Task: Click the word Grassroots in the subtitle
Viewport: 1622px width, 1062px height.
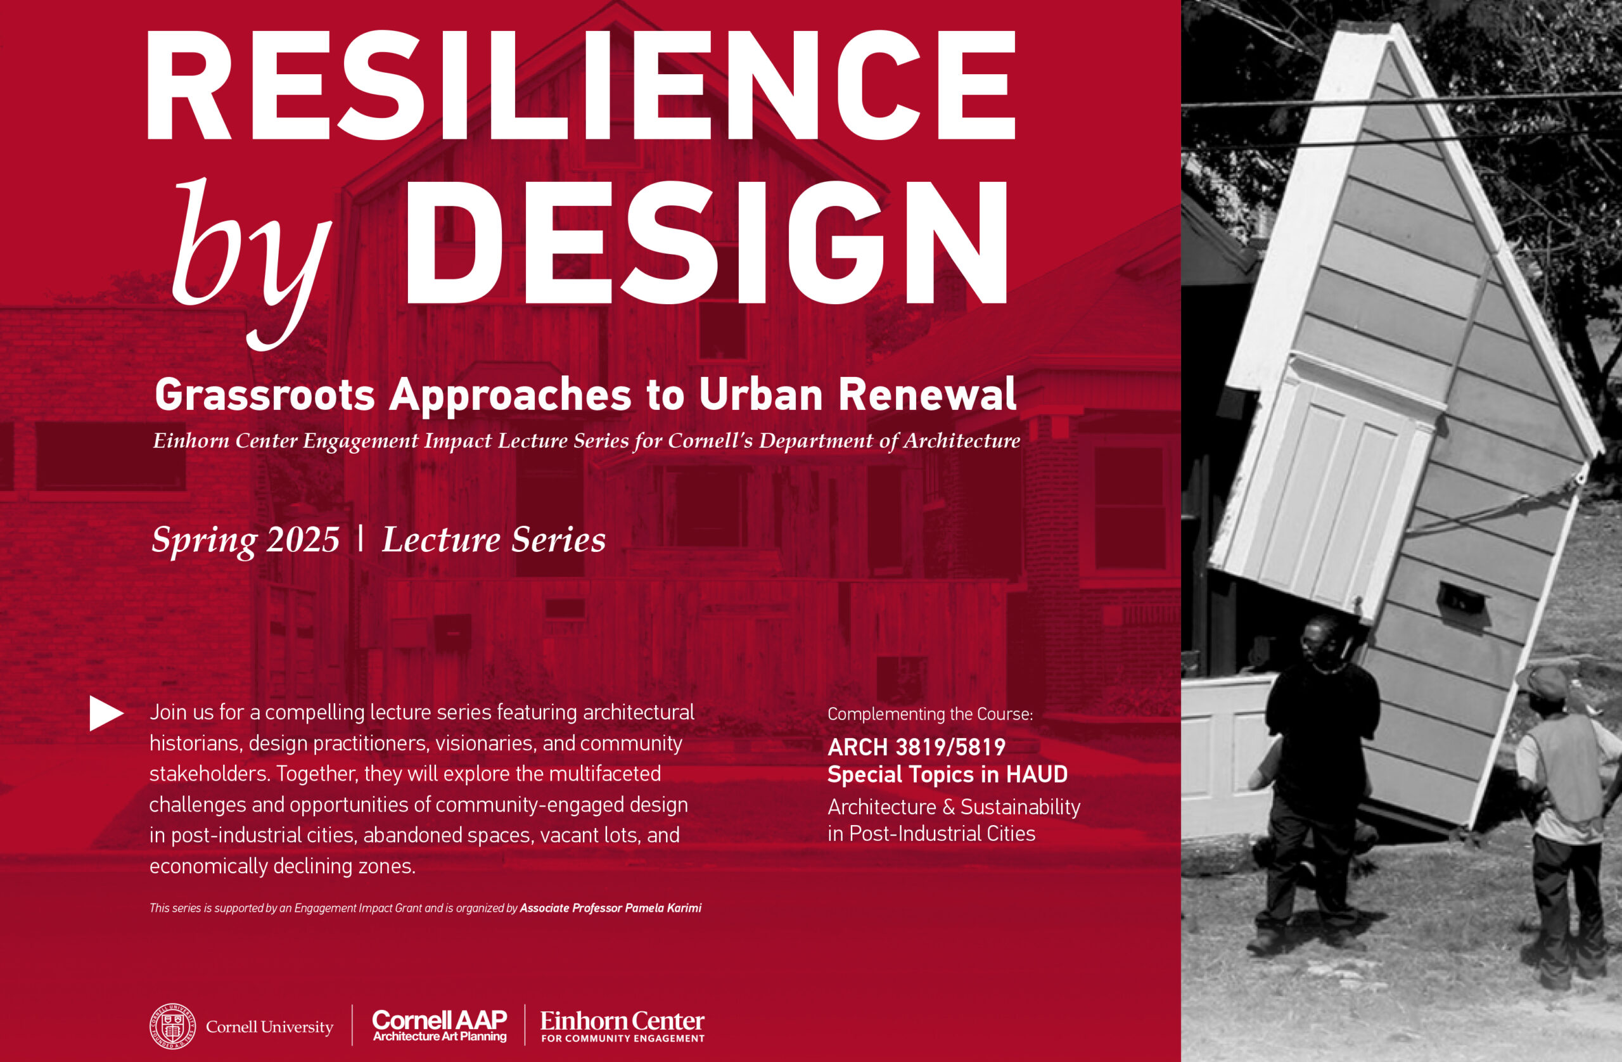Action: [264, 396]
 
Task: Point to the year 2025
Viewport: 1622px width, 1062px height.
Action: [303, 541]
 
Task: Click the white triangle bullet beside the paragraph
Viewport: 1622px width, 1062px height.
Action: [106, 713]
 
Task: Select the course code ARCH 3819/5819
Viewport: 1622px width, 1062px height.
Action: [916, 748]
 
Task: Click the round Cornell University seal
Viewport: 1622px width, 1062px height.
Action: [172, 1026]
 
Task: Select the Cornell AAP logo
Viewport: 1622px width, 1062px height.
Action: [440, 1025]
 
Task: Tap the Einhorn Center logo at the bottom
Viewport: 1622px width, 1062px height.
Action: [622, 1026]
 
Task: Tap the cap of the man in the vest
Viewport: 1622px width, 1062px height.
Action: [1542, 682]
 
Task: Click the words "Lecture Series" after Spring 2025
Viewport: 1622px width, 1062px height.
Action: [494, 540]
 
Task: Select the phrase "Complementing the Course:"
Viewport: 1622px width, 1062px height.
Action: [930, 714]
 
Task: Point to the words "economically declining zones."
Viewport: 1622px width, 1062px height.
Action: [282, 866]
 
